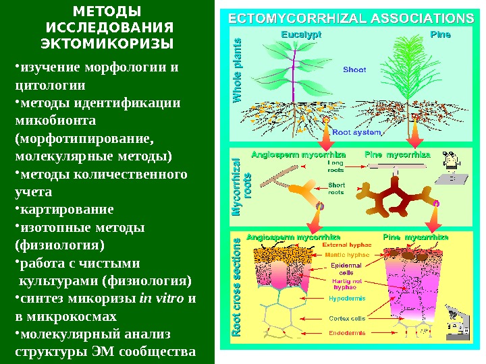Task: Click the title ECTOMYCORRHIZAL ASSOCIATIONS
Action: click(x=350, y=18)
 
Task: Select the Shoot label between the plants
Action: click(x=354, y=69)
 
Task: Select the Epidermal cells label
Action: click(x=346, y=269)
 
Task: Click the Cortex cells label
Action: click(x=347, y=318)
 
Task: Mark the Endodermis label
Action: click(x=347, y=333)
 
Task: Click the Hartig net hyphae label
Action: click(x=347, y=283)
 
